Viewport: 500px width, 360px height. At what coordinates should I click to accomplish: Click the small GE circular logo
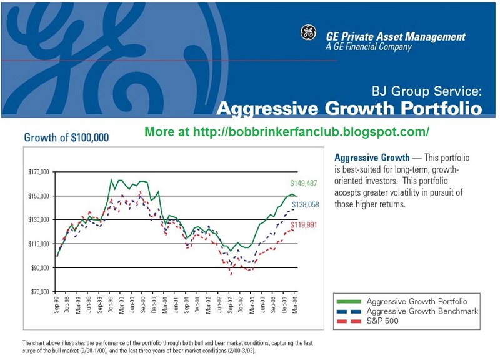[x=308, y=32]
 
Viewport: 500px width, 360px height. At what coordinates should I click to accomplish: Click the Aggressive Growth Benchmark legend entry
[x=422, y=311]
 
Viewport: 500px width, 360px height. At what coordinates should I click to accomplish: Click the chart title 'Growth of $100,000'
[x=66, y=137]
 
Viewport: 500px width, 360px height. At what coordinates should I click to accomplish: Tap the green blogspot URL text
[x=287, y=132]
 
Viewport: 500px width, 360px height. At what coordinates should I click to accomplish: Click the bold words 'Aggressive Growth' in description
[x=372, y=157]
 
